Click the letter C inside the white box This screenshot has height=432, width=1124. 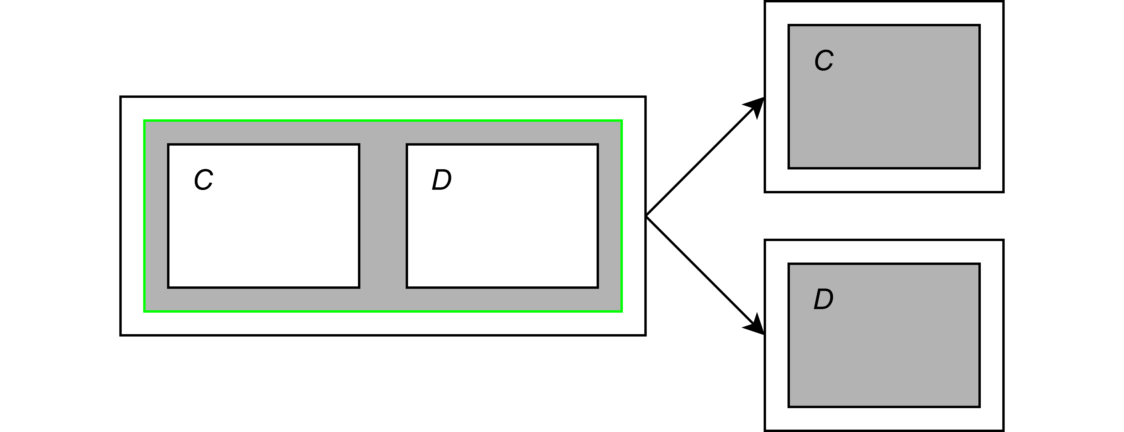click(203, 180)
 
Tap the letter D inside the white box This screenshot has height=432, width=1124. click(441, 180)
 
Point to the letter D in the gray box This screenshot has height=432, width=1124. click(823, 299)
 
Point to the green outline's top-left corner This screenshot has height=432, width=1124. click(144, 121)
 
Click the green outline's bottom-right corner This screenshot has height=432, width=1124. click(621, 311)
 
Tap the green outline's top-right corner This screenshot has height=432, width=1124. click(621, 121)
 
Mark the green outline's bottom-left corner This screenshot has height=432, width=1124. click(144, 311)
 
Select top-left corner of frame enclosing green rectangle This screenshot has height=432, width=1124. click(121, 97)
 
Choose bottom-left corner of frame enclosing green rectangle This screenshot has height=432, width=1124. click(121, 335)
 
